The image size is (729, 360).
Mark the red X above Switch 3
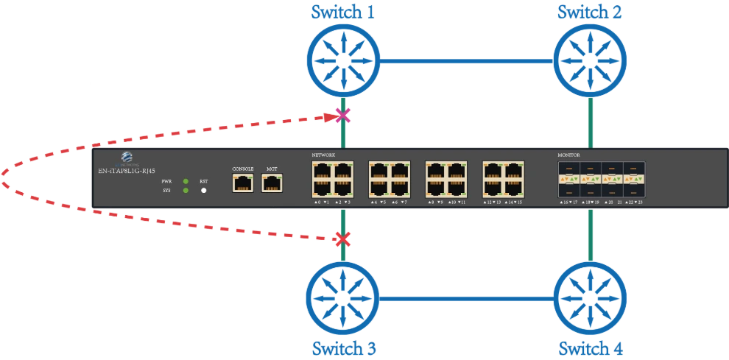click(x=340, y=239)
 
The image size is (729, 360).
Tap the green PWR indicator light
click(x=186, y=181)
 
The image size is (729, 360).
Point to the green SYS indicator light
click(x=186, y=191)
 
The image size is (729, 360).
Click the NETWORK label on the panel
click(x=324, y=156)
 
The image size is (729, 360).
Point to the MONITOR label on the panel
click(x=569, y=156)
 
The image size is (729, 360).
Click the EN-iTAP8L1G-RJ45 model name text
click(x=126, y=171)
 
